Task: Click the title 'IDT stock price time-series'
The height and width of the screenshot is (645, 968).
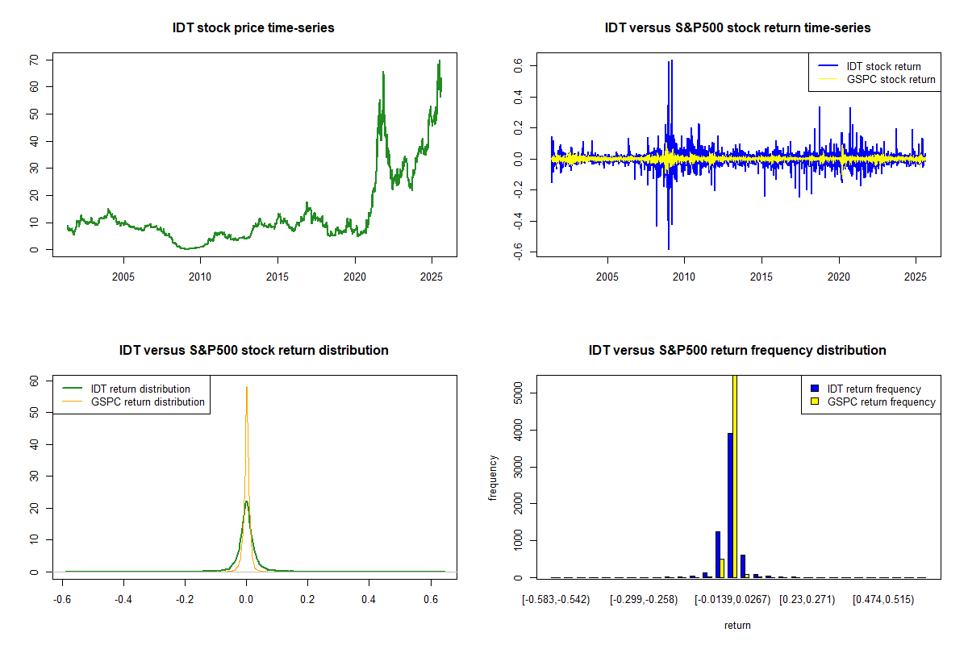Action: coord(253,28)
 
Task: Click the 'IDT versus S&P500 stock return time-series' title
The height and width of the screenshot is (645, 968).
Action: coord(737,28)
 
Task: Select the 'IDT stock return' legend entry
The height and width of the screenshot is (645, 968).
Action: coord(883,66)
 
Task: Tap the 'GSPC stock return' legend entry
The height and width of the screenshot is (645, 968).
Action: coord(891,79)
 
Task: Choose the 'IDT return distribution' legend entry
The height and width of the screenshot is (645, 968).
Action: coord(140,389)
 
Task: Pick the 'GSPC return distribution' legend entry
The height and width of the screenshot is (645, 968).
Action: coord(148,402)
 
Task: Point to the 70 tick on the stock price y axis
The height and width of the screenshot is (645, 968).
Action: coord(35,60)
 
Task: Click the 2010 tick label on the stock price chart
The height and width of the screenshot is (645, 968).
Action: coord(200,277)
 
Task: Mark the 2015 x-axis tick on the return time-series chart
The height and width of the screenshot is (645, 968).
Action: coord(761,277)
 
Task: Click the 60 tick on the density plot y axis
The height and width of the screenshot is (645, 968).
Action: coord(35,381)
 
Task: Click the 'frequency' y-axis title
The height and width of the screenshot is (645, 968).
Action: coord(494,478)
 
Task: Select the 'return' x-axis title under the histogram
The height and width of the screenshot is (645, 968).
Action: coord(737,625)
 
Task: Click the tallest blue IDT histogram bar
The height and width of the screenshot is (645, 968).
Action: coord(730,505)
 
